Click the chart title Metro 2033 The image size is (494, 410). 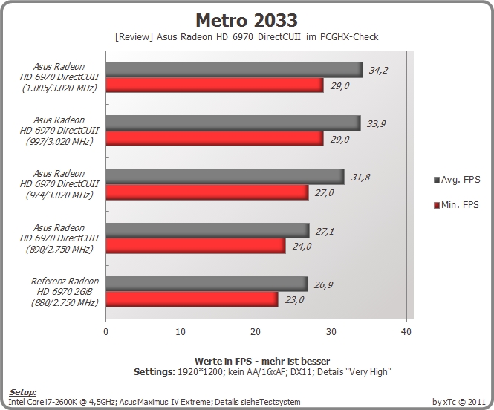pos(247,21)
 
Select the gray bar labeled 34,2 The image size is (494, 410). pos(235,70)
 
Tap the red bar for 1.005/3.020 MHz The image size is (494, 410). pos(215,85)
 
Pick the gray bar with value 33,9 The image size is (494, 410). pos(233,123)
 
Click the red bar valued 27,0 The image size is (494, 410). pos(207,192)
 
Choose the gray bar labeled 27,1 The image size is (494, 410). pos(207,231)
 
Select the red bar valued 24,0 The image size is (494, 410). pos(195,246)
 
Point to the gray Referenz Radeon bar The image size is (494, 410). pos(207,284)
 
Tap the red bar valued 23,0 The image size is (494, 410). pos(192,299)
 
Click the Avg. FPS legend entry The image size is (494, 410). pos(457,180)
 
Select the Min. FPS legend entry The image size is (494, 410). pos(456,205)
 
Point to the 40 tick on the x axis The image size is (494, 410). pos(406,331)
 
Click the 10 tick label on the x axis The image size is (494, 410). pos(181,331)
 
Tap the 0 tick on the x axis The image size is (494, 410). pos(105,331)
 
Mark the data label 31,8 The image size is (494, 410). pos(361,178)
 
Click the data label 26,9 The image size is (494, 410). pos(324,285)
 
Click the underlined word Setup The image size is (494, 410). pos(22,392)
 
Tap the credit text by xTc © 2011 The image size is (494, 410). pos(459,402)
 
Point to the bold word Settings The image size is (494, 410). pos(154,372)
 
